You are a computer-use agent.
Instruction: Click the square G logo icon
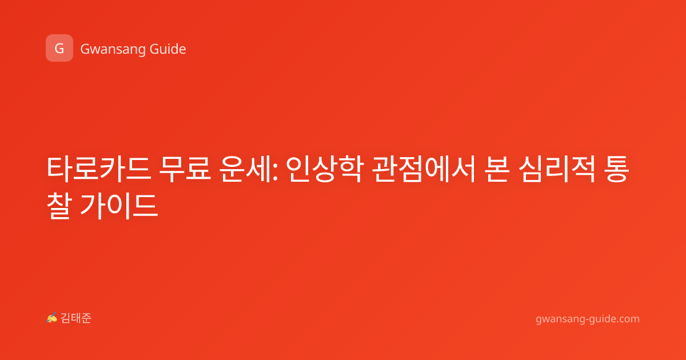tap(59, 48)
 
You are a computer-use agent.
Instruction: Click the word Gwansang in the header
tap(113, 49)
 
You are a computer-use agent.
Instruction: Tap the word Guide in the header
tap(167, 49)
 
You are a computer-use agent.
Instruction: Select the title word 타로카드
tap(99, 169)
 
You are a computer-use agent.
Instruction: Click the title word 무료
tap(185, 169)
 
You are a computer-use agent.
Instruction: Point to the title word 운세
tap(246, 169)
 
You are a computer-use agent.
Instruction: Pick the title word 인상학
tap(325, 169)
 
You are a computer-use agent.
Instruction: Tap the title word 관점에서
tap(424, 169)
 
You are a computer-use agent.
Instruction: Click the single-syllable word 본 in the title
tap(497, 169)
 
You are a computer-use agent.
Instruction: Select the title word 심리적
tap(557, 169)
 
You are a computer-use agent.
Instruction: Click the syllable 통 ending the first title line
tap(616, 169)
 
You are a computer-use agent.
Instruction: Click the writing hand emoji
tap(52, 318)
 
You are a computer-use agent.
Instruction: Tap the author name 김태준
tap(75, 318)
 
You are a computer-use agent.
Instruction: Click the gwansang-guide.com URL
tap(588, 319)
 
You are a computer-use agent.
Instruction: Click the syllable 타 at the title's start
tap(59, 169)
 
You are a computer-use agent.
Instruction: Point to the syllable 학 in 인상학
tap(351, 169)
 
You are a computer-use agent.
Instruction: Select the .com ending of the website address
tap(627, 319)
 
